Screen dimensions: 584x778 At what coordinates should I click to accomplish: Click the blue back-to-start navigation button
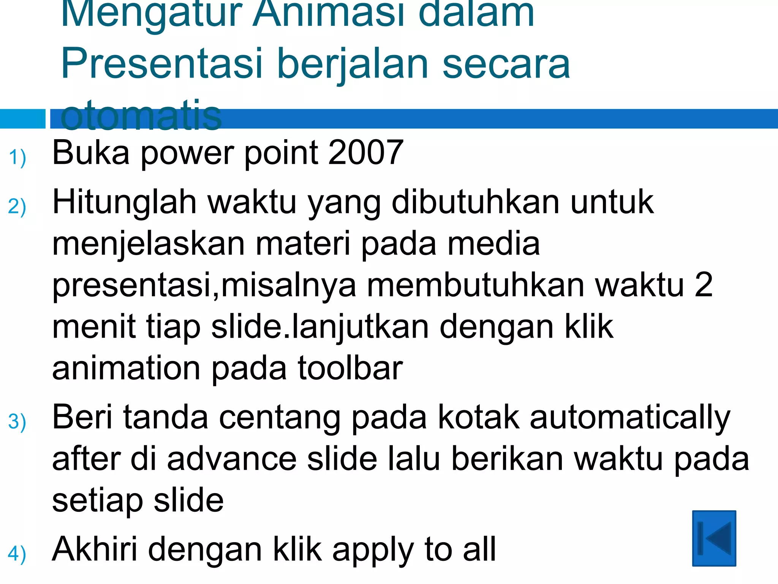714,538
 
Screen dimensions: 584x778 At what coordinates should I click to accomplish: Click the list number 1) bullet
17,157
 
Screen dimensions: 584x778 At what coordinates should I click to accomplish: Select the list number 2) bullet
17,207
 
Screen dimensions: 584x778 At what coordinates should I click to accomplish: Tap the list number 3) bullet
17,422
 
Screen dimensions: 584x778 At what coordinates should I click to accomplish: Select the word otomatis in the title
141,115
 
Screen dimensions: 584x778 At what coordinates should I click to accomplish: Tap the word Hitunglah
125,203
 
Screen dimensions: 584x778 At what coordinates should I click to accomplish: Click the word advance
232,459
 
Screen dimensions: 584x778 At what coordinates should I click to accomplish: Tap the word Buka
91,153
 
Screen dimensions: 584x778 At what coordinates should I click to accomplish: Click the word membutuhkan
476,285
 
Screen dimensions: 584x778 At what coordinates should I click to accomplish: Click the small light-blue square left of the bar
22,119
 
